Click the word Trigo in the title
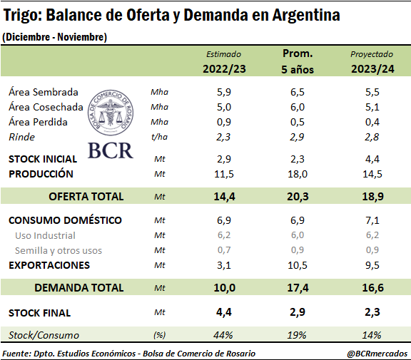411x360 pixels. (23, 15)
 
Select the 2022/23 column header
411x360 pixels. (224, 69)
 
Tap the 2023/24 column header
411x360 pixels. (372, 69)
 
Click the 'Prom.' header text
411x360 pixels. (298, 53)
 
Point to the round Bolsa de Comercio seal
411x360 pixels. (111, 113)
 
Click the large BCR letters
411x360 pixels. (111, 150)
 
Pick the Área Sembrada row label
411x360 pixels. (44, 92)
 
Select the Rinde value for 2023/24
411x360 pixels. (372, 137)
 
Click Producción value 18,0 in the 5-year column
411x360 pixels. (298, 174)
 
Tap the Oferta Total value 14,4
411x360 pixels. (224, 196)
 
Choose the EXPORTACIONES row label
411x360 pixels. (49, 265)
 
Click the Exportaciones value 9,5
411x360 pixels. (372, 265)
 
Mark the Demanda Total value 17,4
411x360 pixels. (298, 288)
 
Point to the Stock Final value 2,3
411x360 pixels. (372, 312)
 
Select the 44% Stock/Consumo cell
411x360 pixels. (223, 335)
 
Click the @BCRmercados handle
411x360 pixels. (377, 354)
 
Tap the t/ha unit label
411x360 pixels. (159, 137)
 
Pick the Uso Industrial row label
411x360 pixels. (45, 236)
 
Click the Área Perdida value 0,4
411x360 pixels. (372, 122)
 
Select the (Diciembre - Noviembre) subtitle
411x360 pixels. (54, 37)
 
